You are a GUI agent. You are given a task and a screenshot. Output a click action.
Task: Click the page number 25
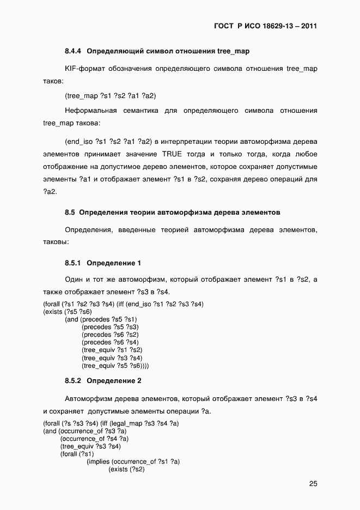click(313, 483)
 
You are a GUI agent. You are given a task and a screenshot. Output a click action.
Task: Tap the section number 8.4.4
click(73, 51)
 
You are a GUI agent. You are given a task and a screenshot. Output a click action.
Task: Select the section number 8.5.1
click(73, 263)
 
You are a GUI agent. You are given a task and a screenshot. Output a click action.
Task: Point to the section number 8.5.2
click(73, 380)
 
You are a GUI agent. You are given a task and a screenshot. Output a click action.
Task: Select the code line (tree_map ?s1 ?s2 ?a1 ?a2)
click(111, 96)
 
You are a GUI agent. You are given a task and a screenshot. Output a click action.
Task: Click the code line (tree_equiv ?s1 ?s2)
click(112, 350)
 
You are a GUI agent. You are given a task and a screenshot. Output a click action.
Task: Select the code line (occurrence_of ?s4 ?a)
click(94, 438)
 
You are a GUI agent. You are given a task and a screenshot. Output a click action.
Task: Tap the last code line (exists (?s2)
click(126, 469)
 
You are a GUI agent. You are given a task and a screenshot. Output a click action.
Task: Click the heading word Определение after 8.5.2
click(108, 380)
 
